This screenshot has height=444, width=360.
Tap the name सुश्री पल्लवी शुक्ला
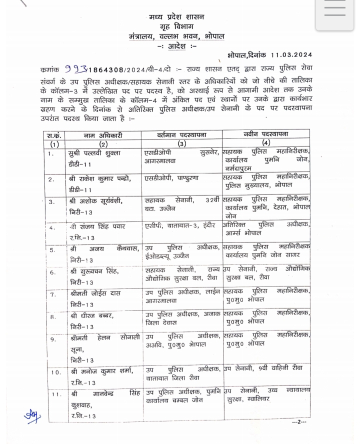point(98,152)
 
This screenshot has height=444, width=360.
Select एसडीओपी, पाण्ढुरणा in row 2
point(172,178)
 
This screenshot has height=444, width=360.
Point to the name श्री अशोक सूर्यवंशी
point(96,201)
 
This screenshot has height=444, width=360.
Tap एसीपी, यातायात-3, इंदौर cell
point(176,226)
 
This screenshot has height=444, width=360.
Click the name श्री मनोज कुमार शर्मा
point(102,371)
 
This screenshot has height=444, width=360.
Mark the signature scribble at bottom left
point(32,415)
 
